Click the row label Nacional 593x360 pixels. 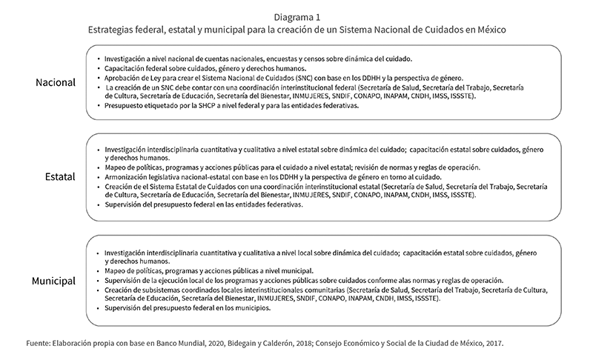[x=55, y=82]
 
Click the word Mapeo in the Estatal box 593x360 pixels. [x=116, y=167]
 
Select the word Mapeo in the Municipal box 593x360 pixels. [x=116, y=270]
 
